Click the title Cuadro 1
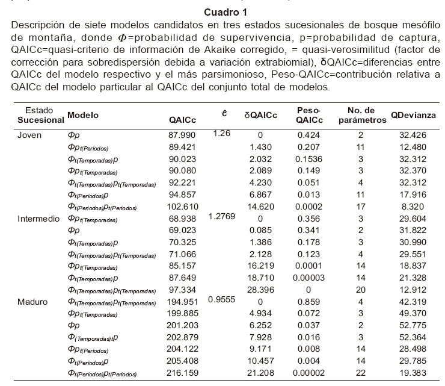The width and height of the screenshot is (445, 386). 222,12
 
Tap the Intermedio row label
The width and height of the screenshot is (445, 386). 37,218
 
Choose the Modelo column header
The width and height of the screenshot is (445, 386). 83,114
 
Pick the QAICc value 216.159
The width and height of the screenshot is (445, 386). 180,374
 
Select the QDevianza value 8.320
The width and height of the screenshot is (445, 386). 412,207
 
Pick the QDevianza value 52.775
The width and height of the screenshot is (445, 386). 412,326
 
